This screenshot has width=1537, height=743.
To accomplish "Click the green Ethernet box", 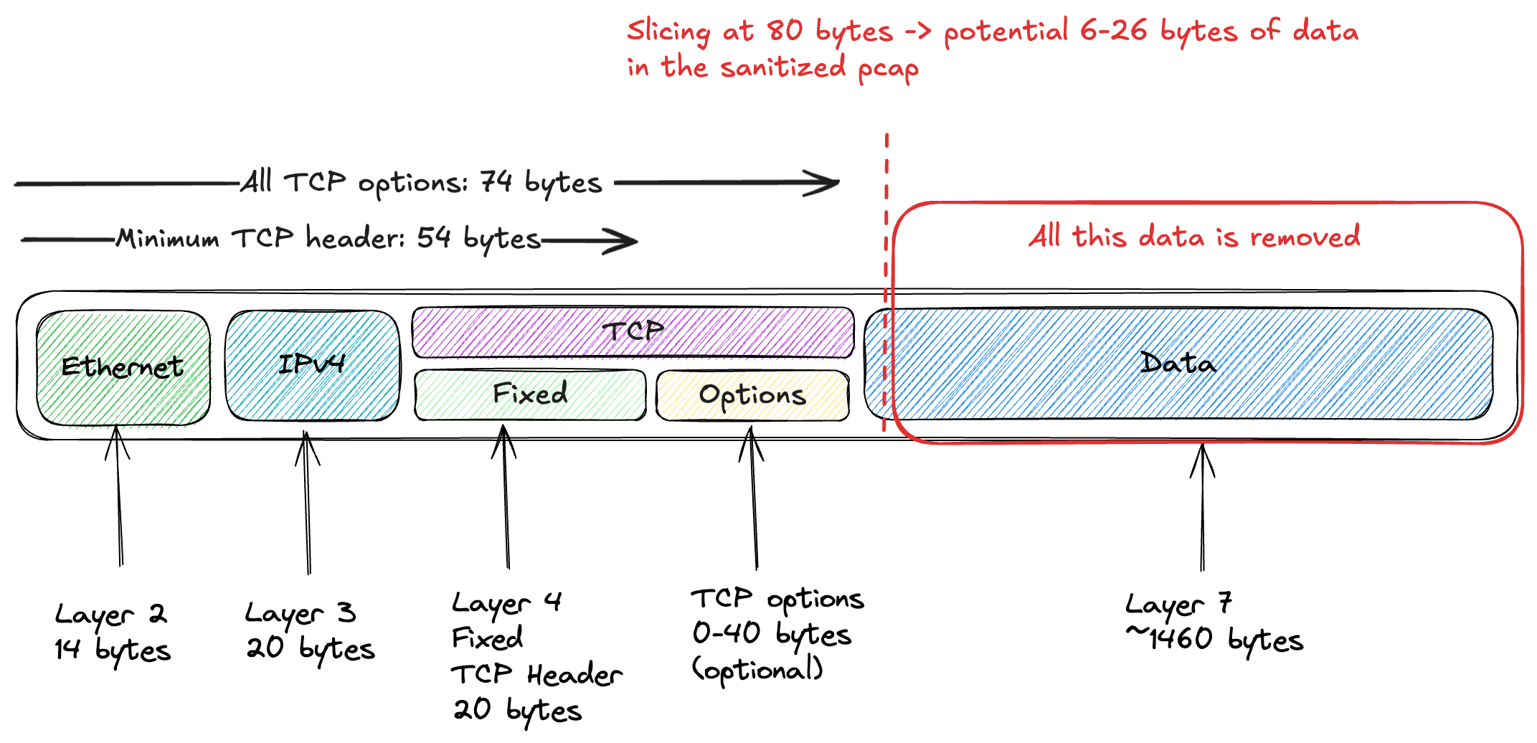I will tap(123, 369).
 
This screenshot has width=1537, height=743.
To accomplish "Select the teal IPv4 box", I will tap(313, 366).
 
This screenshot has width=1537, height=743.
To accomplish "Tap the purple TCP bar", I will tap(633, 332).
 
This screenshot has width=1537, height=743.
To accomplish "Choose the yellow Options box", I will tap(752, 395).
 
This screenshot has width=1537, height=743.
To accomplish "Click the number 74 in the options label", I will tap(496, 181).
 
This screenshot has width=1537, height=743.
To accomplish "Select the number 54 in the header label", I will tap(434, 237).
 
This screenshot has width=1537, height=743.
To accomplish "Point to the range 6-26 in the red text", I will tap(1113, 31).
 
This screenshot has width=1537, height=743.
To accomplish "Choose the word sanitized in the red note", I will tap(782, 67).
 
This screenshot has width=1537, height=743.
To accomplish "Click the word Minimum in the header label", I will tap(168, 237).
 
